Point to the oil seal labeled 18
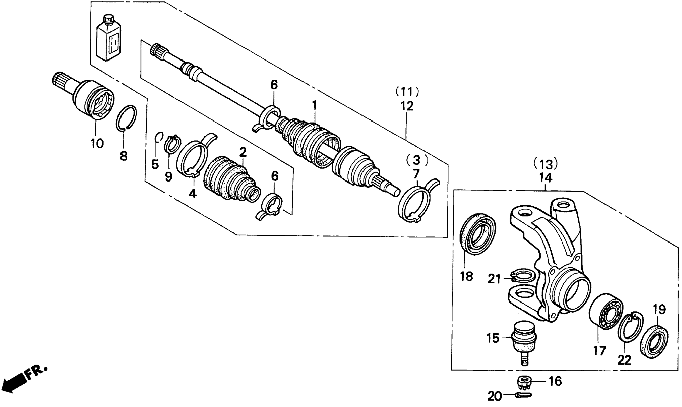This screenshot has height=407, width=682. [478, 234]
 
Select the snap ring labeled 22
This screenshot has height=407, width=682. [629, 328]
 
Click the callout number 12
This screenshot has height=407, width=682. [407, 106]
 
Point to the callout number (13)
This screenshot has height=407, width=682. [545, 164]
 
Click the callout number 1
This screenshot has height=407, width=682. [314, 105]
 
